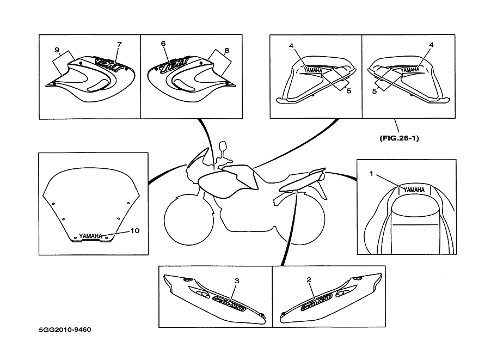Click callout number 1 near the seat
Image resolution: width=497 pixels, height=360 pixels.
371,174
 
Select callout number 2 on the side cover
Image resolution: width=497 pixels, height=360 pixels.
309,280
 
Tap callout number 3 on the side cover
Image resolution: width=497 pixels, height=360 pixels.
236,280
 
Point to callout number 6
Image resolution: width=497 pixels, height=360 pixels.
163,43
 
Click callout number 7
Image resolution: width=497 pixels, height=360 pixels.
119,43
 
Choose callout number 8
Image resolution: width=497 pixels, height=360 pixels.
226,50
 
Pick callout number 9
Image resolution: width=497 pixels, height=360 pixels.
56,50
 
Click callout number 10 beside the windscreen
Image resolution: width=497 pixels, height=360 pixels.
135,230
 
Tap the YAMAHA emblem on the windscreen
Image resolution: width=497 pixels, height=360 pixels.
90,236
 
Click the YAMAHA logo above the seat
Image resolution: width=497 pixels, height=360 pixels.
414,190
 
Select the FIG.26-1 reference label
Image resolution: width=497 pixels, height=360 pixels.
399,138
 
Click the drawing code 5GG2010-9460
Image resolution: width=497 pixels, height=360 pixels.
65,330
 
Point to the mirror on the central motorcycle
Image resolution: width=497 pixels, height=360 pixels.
222,147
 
